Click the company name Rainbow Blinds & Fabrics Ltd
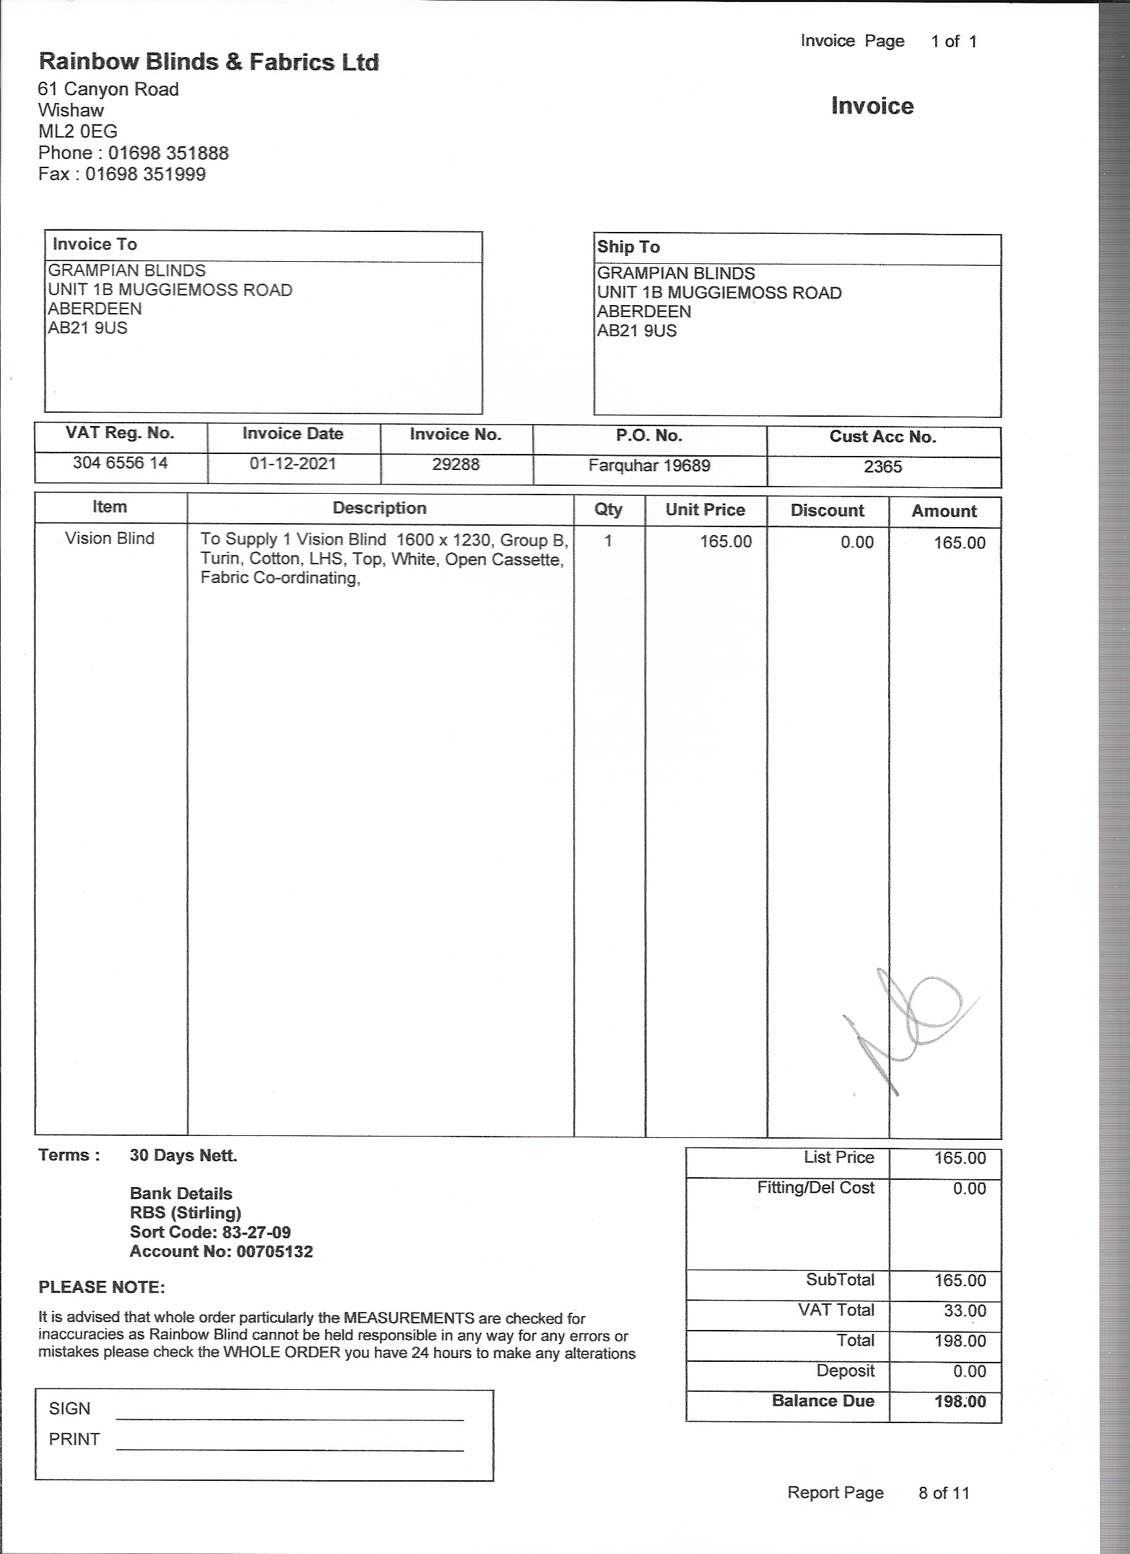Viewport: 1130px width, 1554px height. [x=208, y=62]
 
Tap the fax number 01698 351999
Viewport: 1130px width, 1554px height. [x=146, y=174]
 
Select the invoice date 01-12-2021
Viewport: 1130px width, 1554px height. [x=292, y=464]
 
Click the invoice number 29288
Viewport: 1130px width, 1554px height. [x=456, y=465]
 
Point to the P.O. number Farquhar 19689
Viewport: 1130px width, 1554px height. [x=649, y=466]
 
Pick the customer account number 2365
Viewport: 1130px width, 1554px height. [x=883, y=467]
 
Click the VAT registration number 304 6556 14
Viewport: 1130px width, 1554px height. [x=120, y=463]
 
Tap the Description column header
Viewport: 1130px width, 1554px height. [x=380, y=508]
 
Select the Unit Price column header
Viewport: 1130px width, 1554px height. [x=705, y=510]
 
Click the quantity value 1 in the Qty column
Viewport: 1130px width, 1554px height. [x=608, y=541]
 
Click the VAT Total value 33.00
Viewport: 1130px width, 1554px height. [x=964, y=1311]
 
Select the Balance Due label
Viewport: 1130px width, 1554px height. [x=822, y=1400]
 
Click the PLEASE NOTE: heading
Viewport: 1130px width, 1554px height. [x=102, y=1287]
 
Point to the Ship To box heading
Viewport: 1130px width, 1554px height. [x=628, y=247]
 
